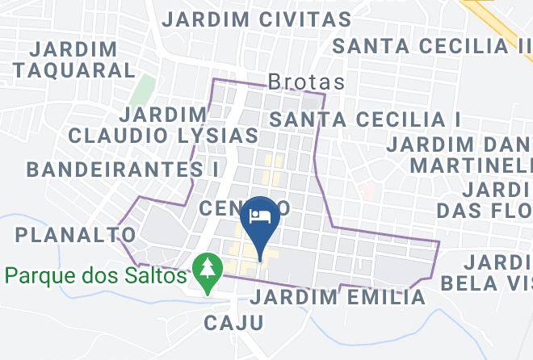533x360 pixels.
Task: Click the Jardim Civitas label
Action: click(257, 19)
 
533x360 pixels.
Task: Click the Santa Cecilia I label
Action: click(364, 119)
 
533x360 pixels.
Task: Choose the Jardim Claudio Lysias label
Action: click(162, 124)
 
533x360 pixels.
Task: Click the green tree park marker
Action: click(208, 272)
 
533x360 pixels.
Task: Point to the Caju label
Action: click(233, 324)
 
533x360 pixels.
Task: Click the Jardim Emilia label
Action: click(338, 297)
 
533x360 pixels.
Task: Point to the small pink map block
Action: click(367, 191)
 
